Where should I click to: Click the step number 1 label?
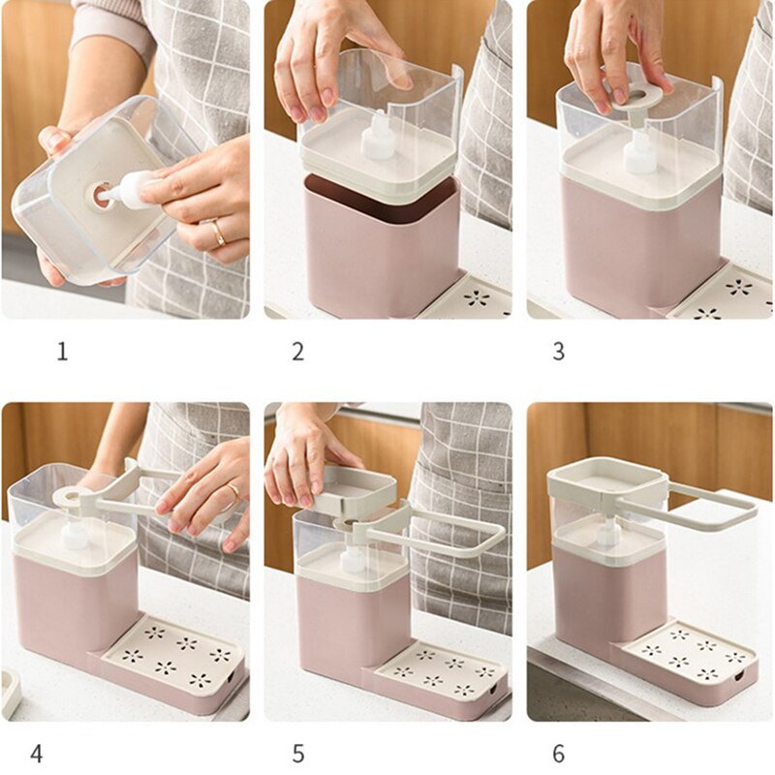pyautogui.click(x=62, y=352)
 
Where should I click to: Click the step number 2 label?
pyautogui.click(x=297, y=352)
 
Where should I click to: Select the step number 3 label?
pyautogui.click(x=558, y=352)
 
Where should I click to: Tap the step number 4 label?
pyautogui.click(x=37, y=751)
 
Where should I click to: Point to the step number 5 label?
pyautogui.click(x=297, y=751)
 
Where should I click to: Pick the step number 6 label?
pyautogui.click(x=558, y=751)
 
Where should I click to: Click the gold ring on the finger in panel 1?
pyautogui.click(x=218, y=232)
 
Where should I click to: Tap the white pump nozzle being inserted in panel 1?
pyautogui.click(x=131, y=191)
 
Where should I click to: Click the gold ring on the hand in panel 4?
pyautogui.click(x=232, y=493)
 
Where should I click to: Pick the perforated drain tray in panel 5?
pyautogui.click(x=436, y=667)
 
